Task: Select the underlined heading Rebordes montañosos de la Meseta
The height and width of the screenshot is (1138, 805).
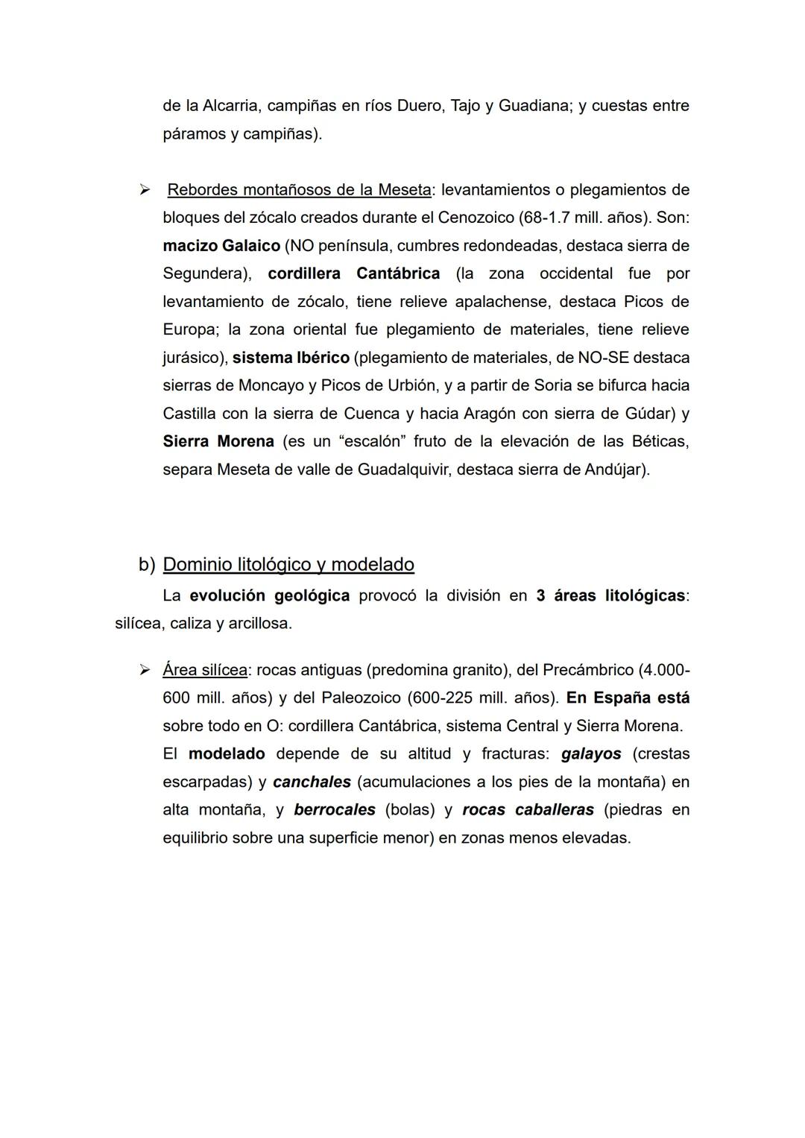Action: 299,190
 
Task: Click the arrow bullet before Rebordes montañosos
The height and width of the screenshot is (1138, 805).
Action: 145,190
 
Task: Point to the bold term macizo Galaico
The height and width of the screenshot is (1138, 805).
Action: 221,246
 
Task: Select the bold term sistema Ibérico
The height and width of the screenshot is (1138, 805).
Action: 291,358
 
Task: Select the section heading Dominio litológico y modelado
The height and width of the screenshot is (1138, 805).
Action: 288,564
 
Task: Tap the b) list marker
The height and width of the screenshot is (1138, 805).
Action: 146,564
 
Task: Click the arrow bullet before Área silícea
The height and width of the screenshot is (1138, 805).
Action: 145,670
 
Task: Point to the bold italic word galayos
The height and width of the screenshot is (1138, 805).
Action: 591,753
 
